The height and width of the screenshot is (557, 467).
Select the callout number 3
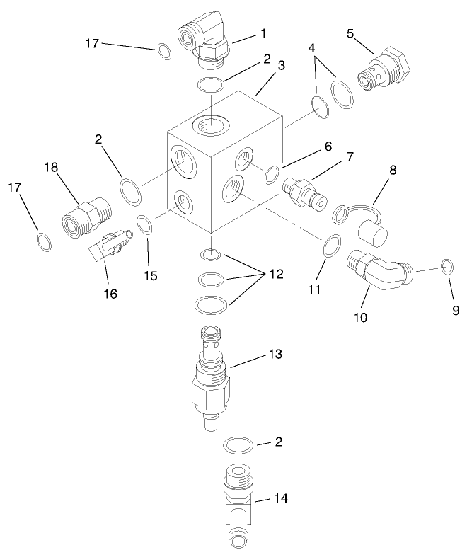point(281,66)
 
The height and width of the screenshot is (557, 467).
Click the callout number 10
point(361,318)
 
